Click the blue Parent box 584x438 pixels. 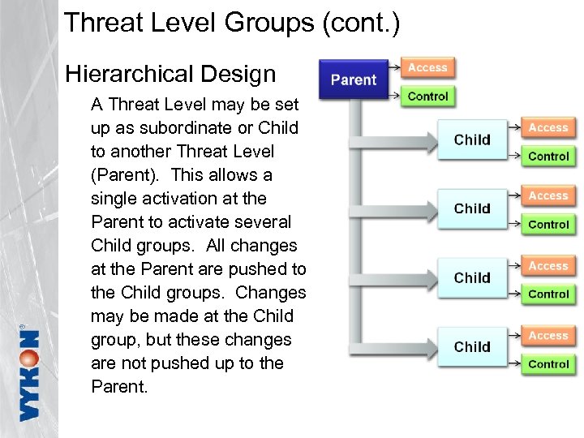354,79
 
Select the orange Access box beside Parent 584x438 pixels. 427,68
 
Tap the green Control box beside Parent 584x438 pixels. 427,97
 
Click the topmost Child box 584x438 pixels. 472,140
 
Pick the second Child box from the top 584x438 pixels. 472,208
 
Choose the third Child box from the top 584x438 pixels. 472,277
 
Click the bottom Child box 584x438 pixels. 472,347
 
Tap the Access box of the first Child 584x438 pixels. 548,128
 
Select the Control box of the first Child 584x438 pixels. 548,157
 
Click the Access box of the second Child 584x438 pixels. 548,196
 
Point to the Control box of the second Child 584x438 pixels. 548,225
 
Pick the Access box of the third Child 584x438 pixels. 548,266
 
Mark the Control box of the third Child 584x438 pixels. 548,294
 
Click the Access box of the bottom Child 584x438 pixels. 548,336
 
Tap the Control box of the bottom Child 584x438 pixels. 548,364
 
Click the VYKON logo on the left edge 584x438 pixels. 29,372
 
